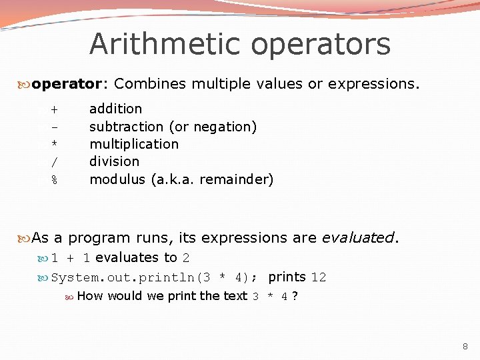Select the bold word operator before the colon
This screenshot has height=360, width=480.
[x=65, y=84]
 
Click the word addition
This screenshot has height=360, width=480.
[x=115, y=108]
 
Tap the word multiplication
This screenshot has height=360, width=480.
[x=134, y=144]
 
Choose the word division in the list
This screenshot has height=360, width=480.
[x=114, y=161]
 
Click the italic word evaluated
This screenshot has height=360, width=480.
[x=357, y=237]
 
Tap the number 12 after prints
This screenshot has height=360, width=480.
[x=319, y=277]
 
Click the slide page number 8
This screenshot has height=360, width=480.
[x=465, y=347]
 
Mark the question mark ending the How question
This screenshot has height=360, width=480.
[x=295, y=296]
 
